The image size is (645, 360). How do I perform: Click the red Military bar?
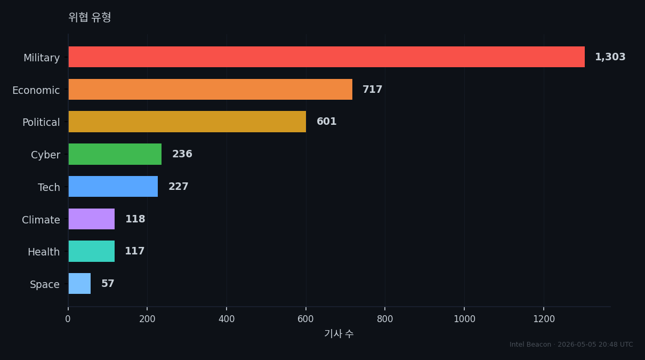pyautogui.click(x=327, y=57)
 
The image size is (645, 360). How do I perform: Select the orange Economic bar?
pyautogui.click(x=210, y=89)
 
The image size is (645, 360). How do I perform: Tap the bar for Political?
pyautogui.click(x=187, y=122)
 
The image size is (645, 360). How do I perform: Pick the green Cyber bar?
pyautogui.click(x=115, y=154)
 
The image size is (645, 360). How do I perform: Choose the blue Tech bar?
pyautogui.click(x=113, y=186)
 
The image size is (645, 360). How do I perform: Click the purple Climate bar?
pyautogui.click(x=92, y=219)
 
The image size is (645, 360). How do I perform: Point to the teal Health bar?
pyautogui.click(x=92, y=251)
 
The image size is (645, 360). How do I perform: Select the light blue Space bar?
pyautogui.click(x=79, y=283)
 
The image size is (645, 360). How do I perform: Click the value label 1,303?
pyautogui.click(x=610, y=57)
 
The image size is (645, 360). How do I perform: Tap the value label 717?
pyautogui.click(x=372, y=89)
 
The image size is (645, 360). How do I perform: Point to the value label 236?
pyautogui.click(x=182, y=154)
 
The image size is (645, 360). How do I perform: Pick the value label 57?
pyautogui.click(x=108, y=283)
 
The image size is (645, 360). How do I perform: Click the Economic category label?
pyautogui.click(x=36, y=90)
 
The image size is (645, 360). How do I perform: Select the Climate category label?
pyautogui.click(x=41, y=220)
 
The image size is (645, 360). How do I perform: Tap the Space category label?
pyautogui.click(x=45, y=284)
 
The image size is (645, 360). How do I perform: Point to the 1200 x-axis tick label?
pyautogui.click(x=544, y=319)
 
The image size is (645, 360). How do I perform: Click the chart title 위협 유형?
pyautogui.click(x=90, y=17)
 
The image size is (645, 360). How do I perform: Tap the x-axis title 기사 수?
pyautogui.click(x=339, y=334)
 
